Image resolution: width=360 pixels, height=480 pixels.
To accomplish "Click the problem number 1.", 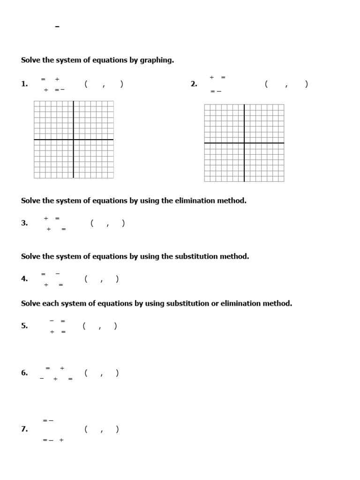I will (24, 84).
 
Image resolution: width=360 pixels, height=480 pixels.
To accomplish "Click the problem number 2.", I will (194, 84).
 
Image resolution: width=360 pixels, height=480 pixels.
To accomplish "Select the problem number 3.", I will (24, 224).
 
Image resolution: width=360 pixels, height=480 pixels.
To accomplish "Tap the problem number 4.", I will (24, 279).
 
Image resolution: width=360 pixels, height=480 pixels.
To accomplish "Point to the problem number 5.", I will (24, 326).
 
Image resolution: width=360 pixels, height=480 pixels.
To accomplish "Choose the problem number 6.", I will (24, 373).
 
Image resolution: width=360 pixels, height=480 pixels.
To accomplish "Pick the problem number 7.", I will (24, 429).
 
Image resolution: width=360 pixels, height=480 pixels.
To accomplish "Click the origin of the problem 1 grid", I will (74, 140).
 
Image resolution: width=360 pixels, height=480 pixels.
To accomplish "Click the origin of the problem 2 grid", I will (244, 143).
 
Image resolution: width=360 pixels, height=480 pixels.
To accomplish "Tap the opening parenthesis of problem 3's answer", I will (92, 223).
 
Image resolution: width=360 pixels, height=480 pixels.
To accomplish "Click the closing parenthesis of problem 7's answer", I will (117, 429).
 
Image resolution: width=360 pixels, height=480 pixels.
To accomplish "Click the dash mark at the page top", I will (57, 27).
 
